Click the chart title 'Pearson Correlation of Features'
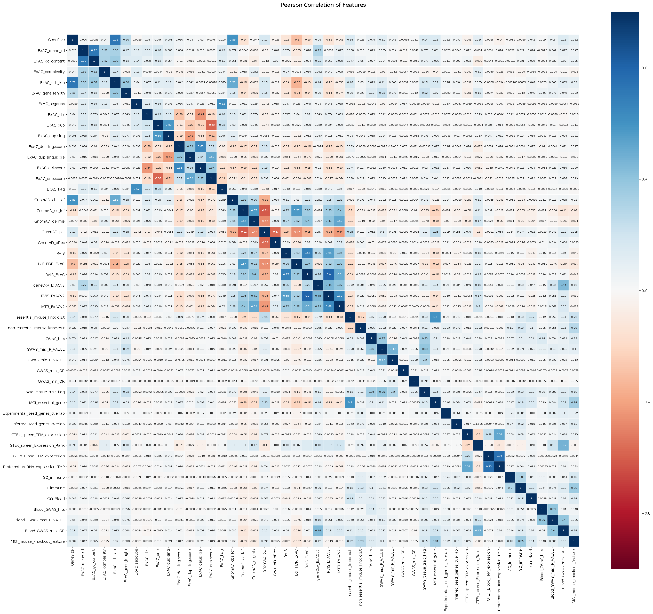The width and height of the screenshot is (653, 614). (x=323, y=5)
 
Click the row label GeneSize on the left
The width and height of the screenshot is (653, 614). (x=56, y=40)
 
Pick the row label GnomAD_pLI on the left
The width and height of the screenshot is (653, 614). (x=53, y=232)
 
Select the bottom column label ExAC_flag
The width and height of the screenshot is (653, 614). (x=222, y=558)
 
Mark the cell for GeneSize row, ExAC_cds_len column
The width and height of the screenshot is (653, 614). (x=115, y=40)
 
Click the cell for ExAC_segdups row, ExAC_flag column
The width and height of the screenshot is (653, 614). (x=222, y=104)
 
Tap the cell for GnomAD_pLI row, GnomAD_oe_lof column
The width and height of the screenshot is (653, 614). (x=243, y=232)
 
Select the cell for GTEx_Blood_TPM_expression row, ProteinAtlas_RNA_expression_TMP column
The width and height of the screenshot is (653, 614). (x=499, y=456)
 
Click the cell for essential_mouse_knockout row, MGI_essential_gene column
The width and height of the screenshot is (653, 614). (x=435, y=317)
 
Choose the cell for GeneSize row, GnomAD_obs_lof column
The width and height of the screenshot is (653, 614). (x=233, y=40)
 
